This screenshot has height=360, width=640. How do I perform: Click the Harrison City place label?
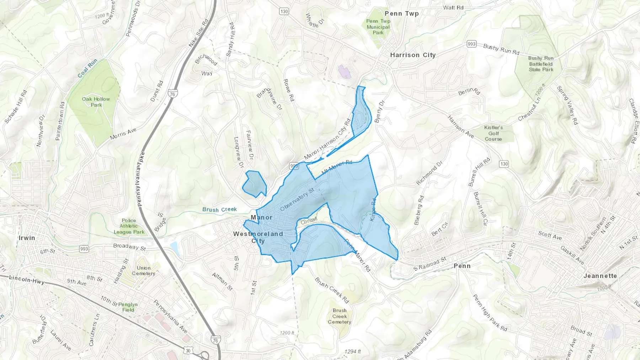[x=413, y=55]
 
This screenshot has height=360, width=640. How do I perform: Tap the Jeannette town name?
[x=600, y=276]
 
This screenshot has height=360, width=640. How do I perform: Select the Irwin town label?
[x=27, y=238]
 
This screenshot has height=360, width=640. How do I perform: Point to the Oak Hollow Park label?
[x=96, y=102]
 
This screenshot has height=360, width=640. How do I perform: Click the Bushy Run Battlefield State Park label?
[x=541, y=64]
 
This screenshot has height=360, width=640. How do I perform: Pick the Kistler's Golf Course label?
[x=493, y=133]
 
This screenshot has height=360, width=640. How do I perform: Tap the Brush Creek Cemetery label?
[x=340, y=316]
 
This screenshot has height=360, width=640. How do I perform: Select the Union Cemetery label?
[x=144, y=270]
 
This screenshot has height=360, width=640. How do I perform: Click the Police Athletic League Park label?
[x=129, y=226]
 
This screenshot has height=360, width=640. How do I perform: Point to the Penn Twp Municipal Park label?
[x=378, y=27]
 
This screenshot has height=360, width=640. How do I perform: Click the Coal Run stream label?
[x=87, y=68]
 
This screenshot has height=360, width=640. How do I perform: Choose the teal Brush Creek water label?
[x=219, y=209]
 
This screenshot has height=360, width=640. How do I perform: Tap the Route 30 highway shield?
[x=188, y=350]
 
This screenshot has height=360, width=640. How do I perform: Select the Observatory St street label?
[x=297, y=199]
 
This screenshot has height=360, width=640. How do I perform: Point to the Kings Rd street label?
[x=373, y=210]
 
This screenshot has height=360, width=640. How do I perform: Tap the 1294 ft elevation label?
[x=352, y=351]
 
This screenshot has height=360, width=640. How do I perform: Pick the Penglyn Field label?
[x=128, y=307]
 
